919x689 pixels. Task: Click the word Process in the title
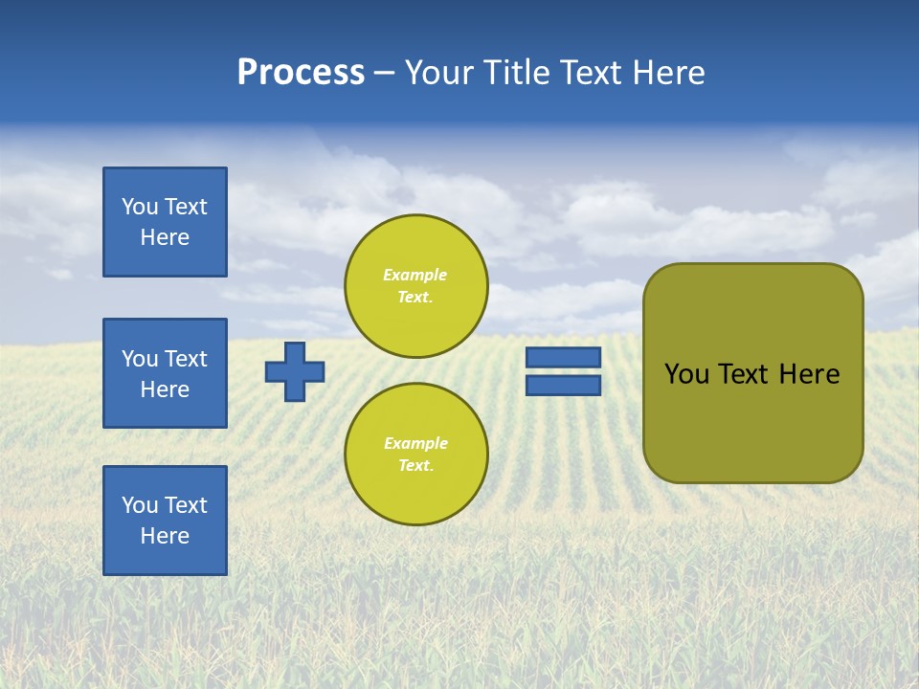click(x=301, y=73)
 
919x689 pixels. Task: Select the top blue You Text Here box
click(x=165, y=222)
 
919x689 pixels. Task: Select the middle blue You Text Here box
click(x=165, y=373)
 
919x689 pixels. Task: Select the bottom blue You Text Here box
click(x=165, y=520)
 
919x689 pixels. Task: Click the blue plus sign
click(x=295, y=371)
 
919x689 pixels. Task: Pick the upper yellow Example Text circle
click(x=415, y=285)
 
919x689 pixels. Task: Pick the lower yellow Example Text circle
click(x=415, y=454)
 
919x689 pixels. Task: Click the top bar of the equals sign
click(x=563, y=357)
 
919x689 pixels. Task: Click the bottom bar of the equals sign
click(x=563, y=385)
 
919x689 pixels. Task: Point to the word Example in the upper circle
click(x=415, y=275)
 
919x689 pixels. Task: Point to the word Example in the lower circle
click(x=415, y=443)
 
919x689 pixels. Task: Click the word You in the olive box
click(x=685, y=374)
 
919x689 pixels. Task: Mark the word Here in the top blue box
click(x=165, y=237)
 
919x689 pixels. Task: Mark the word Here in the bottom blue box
click(x=165, y=536)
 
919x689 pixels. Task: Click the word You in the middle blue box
click(x=140, y=359)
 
